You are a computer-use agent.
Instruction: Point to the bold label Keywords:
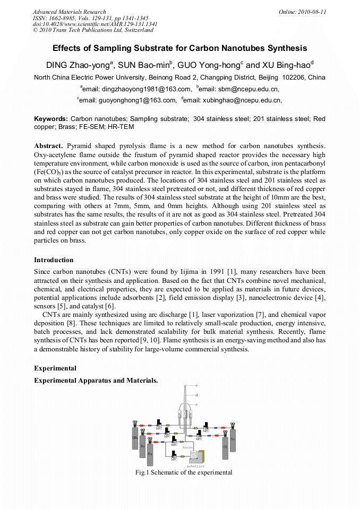coord(51,119)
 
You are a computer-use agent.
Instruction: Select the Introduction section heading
coord(54,260)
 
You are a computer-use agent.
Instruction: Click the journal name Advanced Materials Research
coord(69,12)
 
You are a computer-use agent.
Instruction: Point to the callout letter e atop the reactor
coord(196,385)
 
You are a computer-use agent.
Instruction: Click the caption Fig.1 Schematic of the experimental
coord(184,472)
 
